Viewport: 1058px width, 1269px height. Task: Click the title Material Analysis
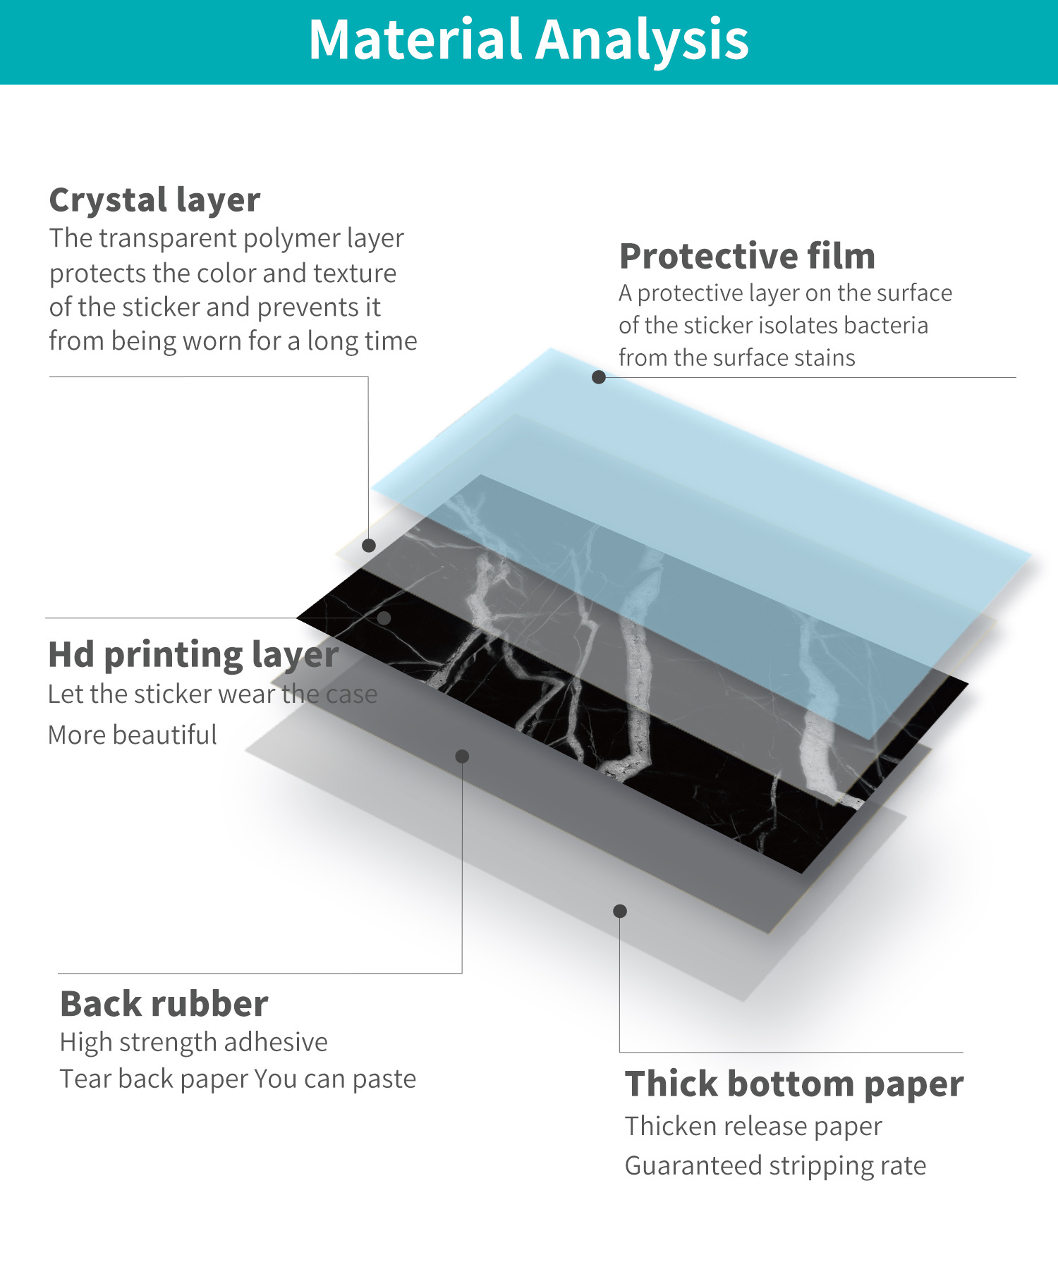point(528,40)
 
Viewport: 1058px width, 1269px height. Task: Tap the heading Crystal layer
point(154,200)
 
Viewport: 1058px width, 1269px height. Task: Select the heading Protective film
point(747,256)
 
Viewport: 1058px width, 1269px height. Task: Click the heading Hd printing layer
point(193,655)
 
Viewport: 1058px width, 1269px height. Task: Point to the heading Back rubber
point(164,1004)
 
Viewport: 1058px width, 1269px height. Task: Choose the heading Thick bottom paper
point(793,1084)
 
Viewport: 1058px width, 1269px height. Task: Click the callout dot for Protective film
point(599,377)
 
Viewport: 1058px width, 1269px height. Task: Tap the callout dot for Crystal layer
point(369,545)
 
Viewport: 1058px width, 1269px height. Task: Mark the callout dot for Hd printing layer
point(384,618)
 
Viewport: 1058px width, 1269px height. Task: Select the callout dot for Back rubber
point(462,756)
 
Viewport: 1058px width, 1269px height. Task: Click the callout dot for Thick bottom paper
point(620,911)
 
